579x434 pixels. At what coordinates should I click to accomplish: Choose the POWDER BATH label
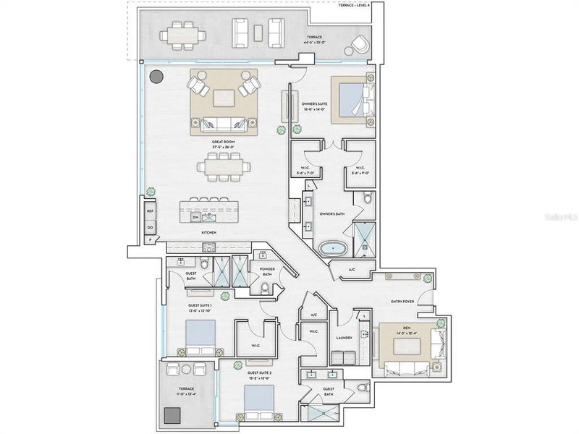(266, 271)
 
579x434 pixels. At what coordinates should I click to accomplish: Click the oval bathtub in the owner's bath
(333, 248)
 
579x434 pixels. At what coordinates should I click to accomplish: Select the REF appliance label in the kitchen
(151, 211)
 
